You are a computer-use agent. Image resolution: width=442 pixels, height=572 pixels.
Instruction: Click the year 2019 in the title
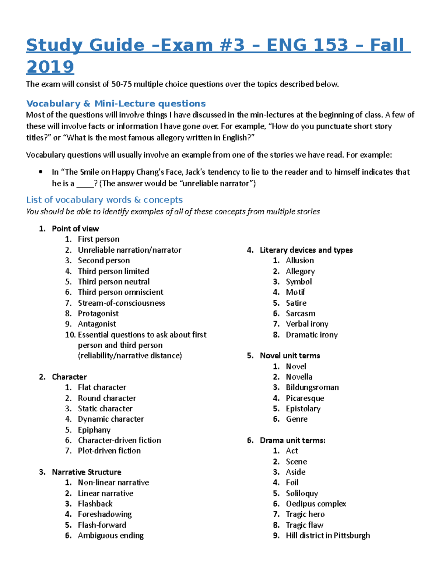pos(50,67)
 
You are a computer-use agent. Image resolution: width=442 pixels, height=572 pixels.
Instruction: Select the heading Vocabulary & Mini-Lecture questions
pos(116,103)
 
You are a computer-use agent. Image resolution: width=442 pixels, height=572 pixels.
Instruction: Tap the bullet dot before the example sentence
pos(41,172)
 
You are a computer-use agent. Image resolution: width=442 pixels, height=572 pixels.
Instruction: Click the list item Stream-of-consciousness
pos(121,303)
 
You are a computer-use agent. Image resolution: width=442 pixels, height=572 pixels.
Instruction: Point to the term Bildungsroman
pos(312,387)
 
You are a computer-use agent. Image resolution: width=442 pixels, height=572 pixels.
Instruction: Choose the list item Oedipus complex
pos(316,503)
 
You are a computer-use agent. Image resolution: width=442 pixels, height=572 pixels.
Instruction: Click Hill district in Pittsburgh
pos(327,535)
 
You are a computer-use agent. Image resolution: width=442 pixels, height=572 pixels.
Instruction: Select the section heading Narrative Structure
pos(87,472)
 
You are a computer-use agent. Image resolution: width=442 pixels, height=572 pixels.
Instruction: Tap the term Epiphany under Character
pos(94,430)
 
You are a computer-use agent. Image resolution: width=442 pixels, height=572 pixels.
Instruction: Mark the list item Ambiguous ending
pos(110,535)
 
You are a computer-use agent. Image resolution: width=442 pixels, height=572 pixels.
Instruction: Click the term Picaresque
pos(305,398)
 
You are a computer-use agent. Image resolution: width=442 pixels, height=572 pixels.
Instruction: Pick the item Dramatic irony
pos(312,334)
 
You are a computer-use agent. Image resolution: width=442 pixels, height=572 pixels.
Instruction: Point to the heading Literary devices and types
pos(306,250)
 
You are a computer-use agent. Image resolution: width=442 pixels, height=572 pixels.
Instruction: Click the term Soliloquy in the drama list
pos(302,493)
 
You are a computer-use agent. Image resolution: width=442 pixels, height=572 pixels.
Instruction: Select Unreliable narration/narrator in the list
pos(129,250)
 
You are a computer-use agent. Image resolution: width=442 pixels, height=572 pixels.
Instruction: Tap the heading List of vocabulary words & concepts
pos(104,200)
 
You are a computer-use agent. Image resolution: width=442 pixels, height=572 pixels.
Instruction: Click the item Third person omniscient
pos(120,292)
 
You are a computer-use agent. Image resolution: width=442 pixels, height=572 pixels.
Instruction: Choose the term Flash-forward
pos(102,525)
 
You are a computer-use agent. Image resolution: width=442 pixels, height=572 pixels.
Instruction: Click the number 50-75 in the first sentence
pos(121,84)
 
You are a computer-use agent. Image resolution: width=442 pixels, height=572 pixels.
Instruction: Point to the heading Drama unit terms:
pos(292,440)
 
